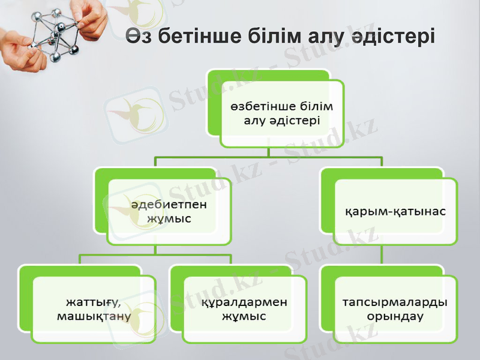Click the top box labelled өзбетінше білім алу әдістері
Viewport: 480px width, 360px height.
(281, 113)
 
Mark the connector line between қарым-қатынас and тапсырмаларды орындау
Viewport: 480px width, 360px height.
(382, 256)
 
